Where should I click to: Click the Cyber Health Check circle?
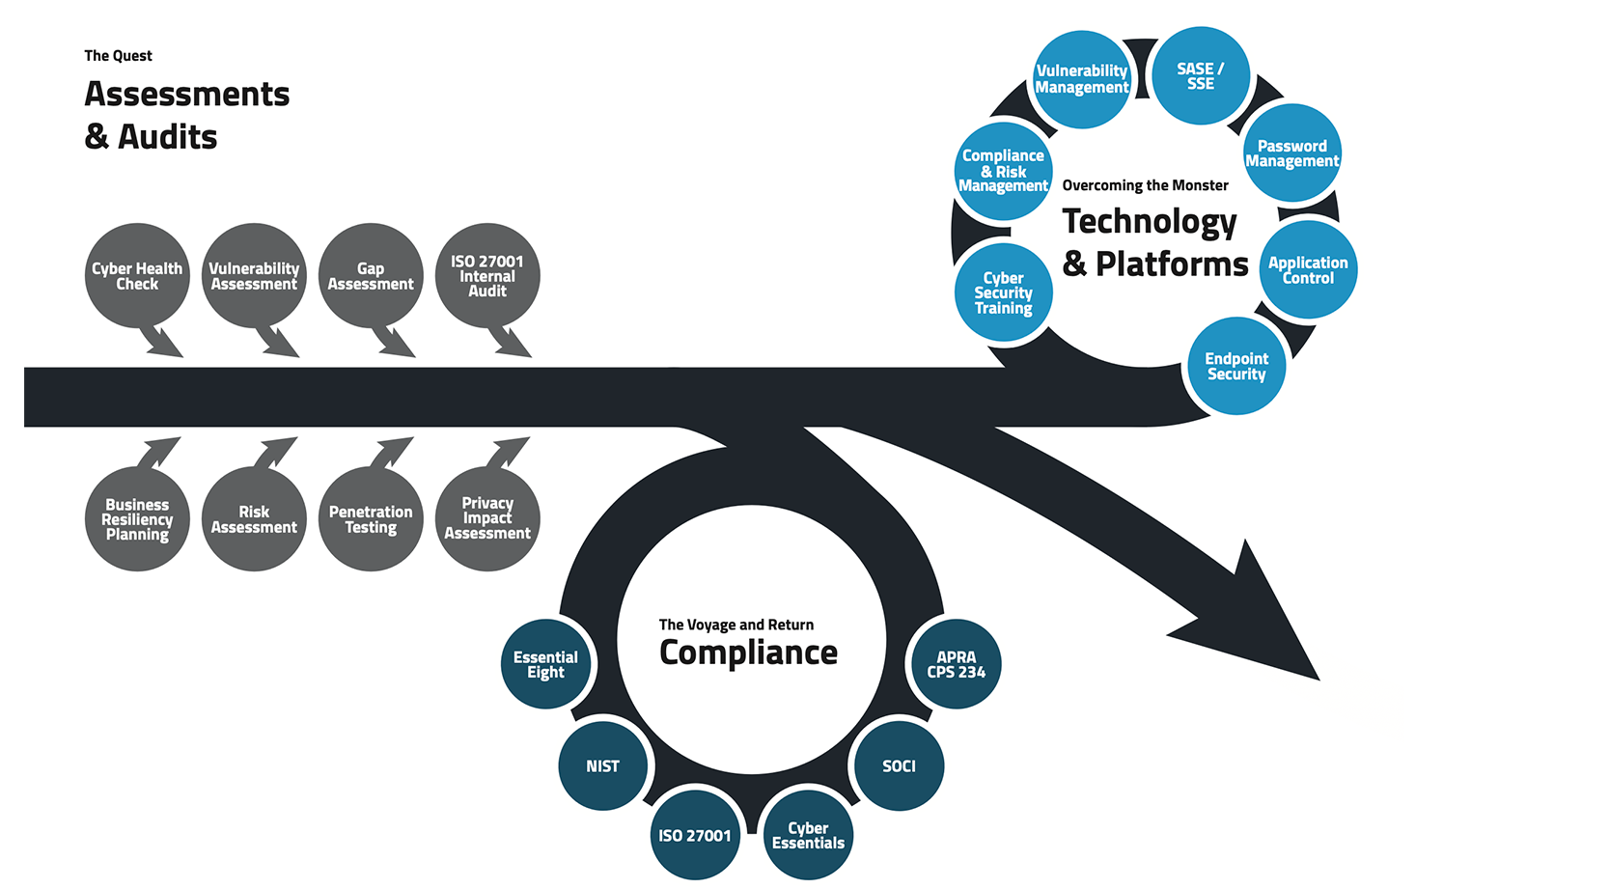pyautogui.click(x=137, y=276)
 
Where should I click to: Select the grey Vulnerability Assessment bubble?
pyautogui.click(x=254, y=276)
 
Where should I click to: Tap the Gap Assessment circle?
pyautogui.click(x=371, y=276)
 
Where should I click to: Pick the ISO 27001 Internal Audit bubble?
pyautogui.click(x=487, y=276)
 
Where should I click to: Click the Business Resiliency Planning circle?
pyautogui.click(x=137, y=519)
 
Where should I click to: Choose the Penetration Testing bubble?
pyautogui.click(x=371, y=519)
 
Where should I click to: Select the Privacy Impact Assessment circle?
pyautogui.click(x=487, y=519)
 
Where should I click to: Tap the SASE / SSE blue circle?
pyautogui.click(x=1201, y=76)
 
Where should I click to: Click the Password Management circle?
pyautogui.click(x=1291, y=153)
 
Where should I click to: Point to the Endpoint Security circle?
pyautogui.click(x=1236, y=367)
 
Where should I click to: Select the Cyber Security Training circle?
pyautogui.click(x=1004, y=292)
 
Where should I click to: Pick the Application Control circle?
pyautogui.click(x=1308, y=270)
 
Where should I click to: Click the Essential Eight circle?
pyautogui.click(x=545, y=664)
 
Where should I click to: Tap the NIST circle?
pyautogui.click(x=603, y=766)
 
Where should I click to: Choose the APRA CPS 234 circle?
pyautogui.click(x=957, y=664)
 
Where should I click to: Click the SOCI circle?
pyautogui.click(x=899, y=766)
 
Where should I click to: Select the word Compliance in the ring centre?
pyautogui.click(x=748, y=653)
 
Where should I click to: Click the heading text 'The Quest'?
pyautogui.click(x=118, y=56)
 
